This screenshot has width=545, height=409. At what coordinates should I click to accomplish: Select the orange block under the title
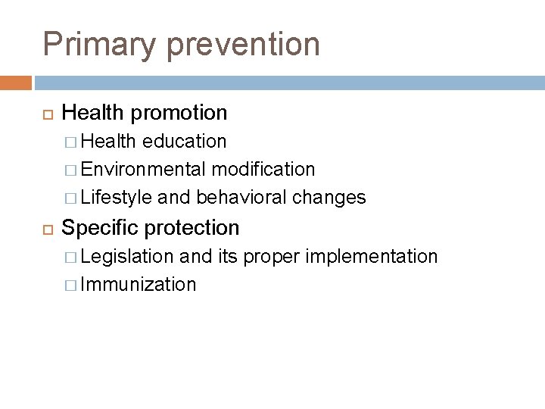pos(16,82)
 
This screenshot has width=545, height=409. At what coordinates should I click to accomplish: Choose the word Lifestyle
pos(116,198)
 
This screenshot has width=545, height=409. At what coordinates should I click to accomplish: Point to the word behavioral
pos(241,198)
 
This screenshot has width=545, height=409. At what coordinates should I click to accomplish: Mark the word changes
pos(329,198)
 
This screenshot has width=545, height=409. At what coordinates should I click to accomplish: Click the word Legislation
pos(126,257)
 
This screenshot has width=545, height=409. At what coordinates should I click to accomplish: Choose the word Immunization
pos(139,285)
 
